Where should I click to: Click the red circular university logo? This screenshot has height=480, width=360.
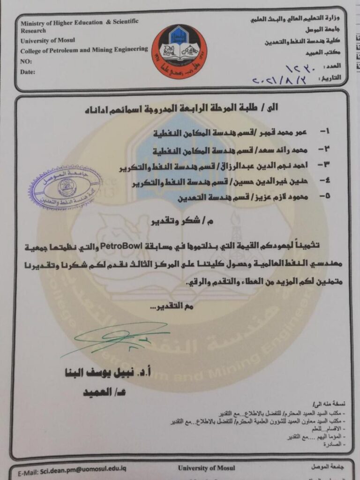(179, 52)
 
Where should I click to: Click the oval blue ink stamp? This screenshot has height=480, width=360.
(66, 187)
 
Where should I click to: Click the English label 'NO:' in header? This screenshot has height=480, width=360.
(26, 61)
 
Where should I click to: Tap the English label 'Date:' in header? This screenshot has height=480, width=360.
(28, 72)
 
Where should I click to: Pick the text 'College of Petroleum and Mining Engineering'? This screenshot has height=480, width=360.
(84, 49)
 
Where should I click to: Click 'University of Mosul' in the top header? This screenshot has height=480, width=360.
(48, 40)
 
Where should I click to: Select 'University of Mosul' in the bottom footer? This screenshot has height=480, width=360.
(206, 468)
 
